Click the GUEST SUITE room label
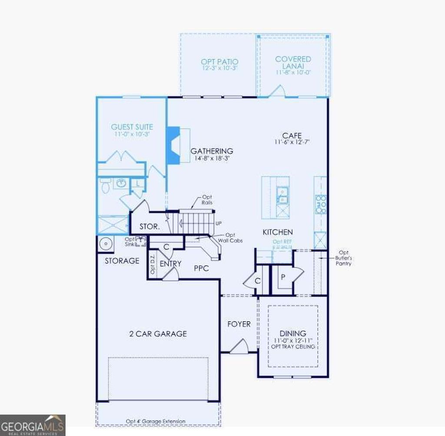coord(132,127)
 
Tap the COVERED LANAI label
coord(293,62)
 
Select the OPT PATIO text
coord(219,62)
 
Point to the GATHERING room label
coord(212,151)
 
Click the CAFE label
coord(292,135)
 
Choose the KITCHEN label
coord(277,232)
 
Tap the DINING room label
coord(293,334)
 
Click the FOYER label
coord(239,324)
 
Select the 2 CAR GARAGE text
coord(158,334)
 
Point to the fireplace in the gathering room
coord(174,145)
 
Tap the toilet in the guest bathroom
coord(105,186)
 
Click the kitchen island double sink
coord(282,195)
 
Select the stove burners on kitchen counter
coord(321,204)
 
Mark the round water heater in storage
coord(105,244)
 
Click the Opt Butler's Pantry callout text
coord(344,258)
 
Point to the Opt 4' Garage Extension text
coord(156,421)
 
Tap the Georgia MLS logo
coord(33,425)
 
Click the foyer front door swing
coord(239,346)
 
